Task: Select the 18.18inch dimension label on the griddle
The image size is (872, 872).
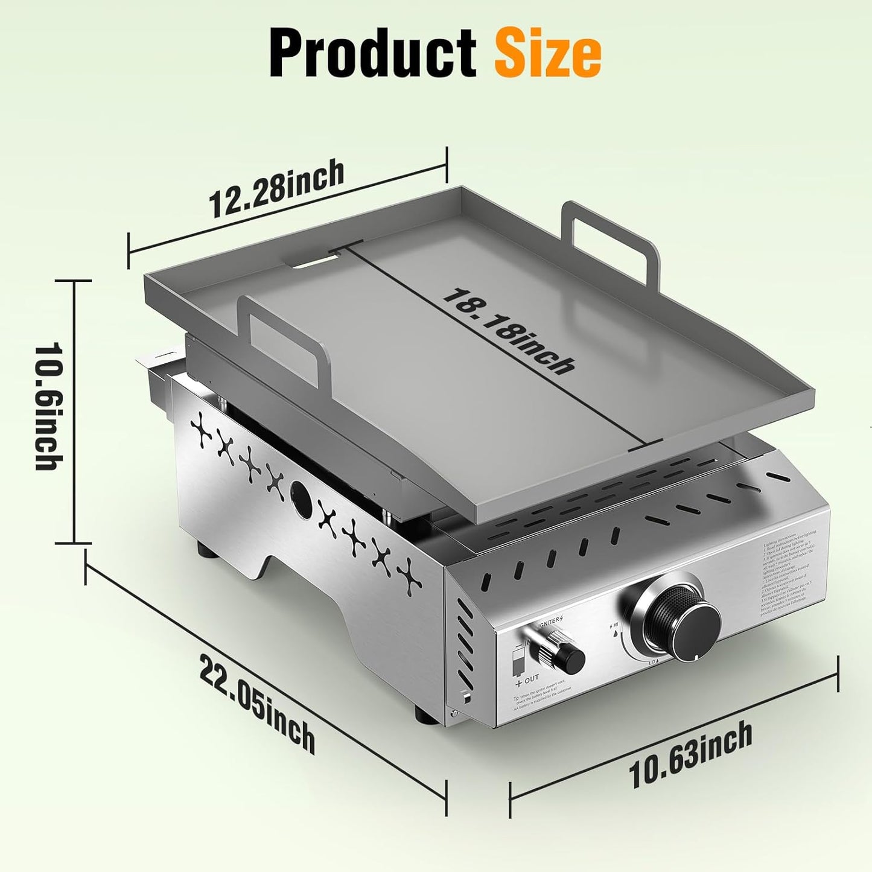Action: pyautogui.click(x=508, y=331)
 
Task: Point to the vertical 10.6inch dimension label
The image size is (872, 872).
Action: pyautogui.click(x=49, y=407)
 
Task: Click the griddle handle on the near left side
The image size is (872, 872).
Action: pyautogui.click(x=284, y=335)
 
